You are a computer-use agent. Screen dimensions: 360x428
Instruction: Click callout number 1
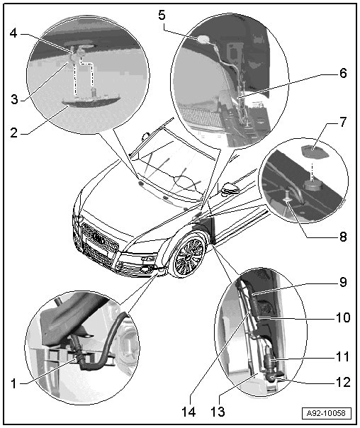coord(13,383)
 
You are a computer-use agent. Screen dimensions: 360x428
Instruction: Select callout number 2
coord(14,133)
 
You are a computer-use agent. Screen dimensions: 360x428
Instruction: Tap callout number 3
coord(14,99)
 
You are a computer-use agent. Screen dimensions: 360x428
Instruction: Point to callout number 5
coord(162,15)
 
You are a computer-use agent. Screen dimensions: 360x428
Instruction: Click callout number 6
coord(343,73)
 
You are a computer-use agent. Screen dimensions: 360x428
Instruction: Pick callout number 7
coord(343,122)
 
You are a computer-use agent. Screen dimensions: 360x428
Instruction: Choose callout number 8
coord(343,237)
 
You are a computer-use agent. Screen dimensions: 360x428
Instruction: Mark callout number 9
coord(343,282)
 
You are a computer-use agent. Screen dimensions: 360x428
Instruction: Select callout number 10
coord(343,317)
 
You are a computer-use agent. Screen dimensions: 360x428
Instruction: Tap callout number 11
coord(343,356)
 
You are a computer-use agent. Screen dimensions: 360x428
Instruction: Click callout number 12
coord(343,382)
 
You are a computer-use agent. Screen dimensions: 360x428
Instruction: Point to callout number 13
coord(218,412)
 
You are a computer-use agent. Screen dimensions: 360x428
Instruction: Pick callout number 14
coord(189,412)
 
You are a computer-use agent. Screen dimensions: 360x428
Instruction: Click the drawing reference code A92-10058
coord(326,412)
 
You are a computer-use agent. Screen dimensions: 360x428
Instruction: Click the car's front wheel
coord(188,256)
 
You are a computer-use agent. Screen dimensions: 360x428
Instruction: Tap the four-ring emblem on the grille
coord(99,237)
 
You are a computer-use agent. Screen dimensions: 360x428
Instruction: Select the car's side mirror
coord(230,188)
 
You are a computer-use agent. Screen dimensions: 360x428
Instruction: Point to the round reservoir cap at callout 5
coord(203,39)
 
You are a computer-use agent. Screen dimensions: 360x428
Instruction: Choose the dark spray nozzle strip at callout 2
coord(91,101)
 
